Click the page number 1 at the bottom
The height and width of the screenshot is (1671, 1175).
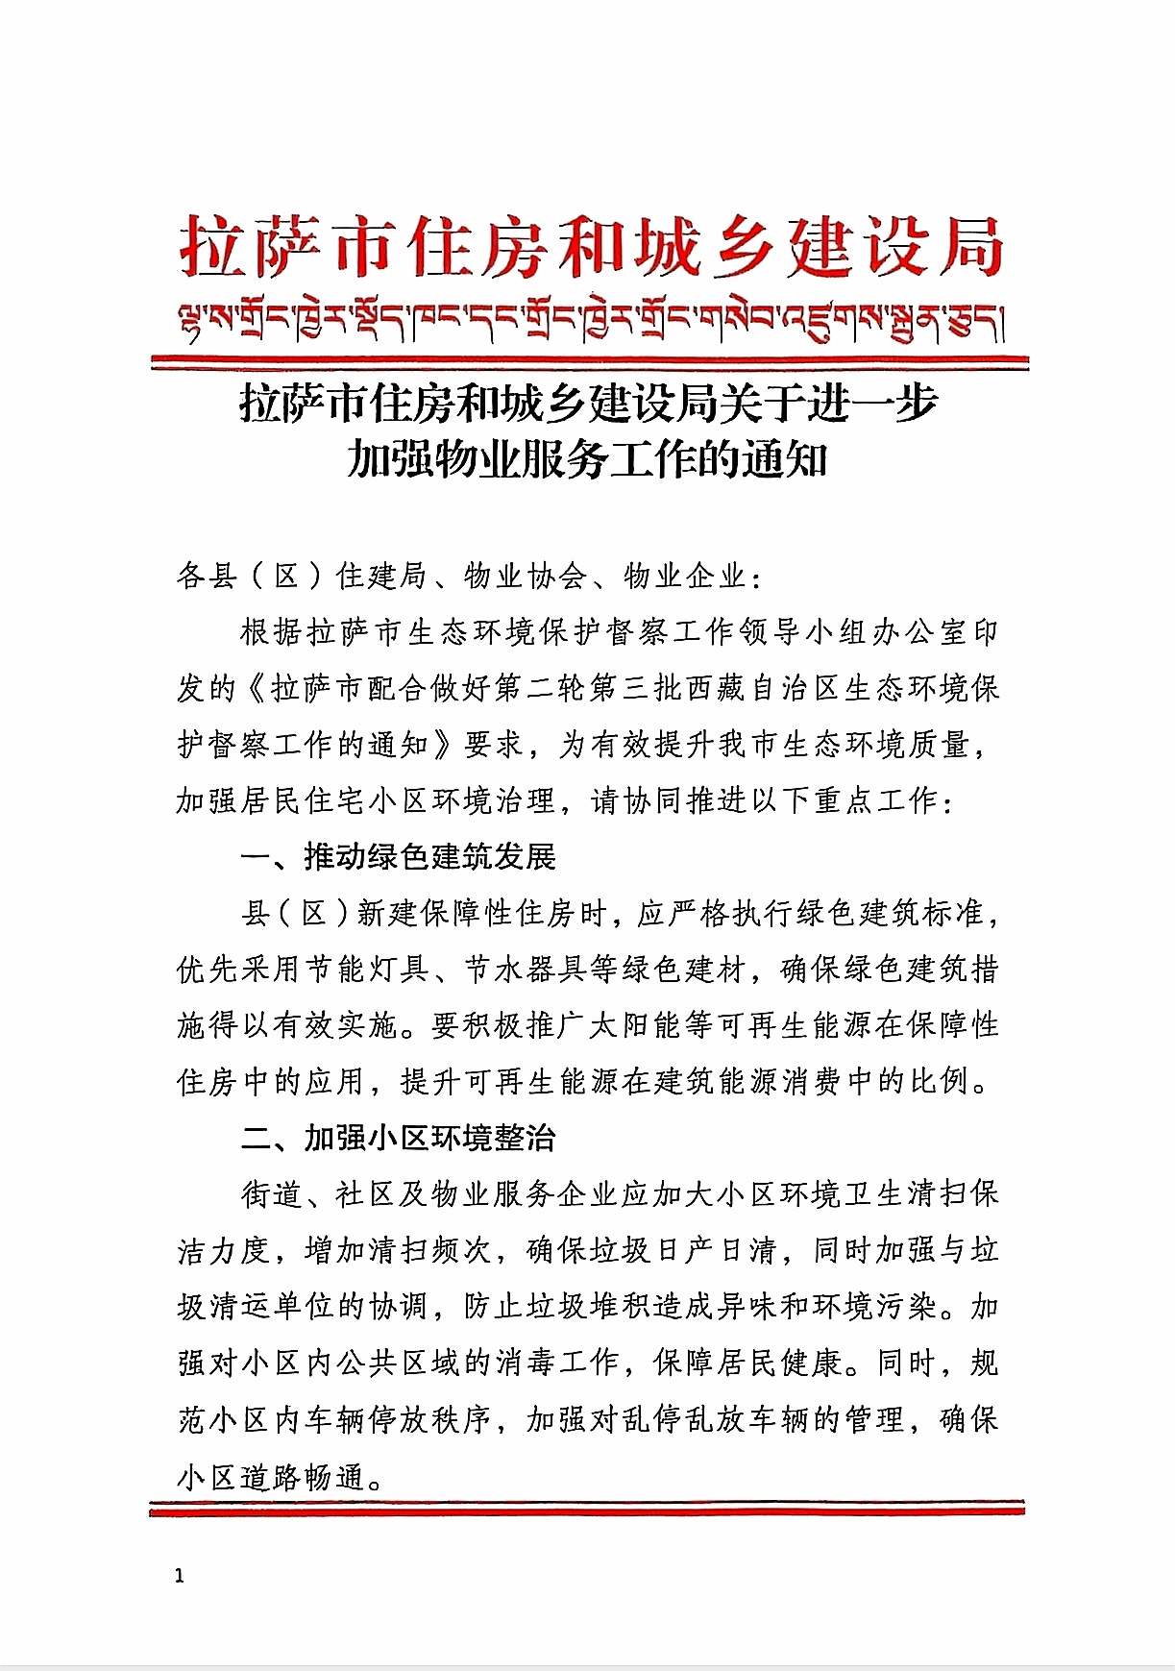tap(180, 1577)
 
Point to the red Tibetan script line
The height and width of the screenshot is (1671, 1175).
tap(590, 321)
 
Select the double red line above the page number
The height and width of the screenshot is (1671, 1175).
tap(587, 1508)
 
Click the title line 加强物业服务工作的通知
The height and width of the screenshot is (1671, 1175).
tap(587, 459)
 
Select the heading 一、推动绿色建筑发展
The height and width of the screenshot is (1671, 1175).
tap(399, 856)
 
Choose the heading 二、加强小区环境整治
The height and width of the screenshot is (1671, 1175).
tap(399, 1138)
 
